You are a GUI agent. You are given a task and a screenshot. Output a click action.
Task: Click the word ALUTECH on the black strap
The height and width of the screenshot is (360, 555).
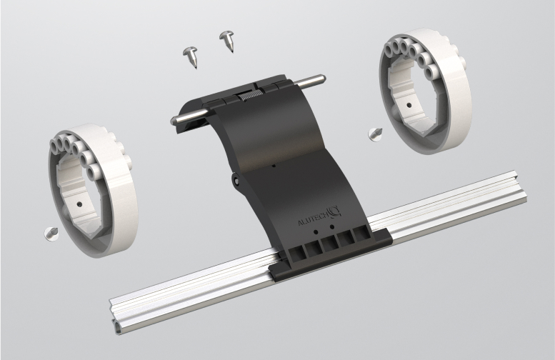314,219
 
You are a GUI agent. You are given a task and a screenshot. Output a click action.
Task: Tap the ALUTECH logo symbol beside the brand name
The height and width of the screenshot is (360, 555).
335,211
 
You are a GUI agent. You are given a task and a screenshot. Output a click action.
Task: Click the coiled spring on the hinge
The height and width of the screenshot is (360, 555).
250,95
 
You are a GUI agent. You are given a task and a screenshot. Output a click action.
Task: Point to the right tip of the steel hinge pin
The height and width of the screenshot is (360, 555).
323,78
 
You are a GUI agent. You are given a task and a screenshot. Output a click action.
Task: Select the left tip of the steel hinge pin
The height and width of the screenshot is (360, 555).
173,120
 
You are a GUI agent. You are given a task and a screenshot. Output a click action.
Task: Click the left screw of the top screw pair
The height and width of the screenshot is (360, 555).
191,56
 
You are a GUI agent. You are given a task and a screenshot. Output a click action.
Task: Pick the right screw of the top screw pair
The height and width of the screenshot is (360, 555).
226,41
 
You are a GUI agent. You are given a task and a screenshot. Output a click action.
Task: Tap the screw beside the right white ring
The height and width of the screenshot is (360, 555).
375,134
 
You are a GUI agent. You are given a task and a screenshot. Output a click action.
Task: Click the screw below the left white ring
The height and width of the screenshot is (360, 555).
51,234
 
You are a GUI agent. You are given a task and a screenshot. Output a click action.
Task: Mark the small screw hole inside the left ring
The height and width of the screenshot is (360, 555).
79,204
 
